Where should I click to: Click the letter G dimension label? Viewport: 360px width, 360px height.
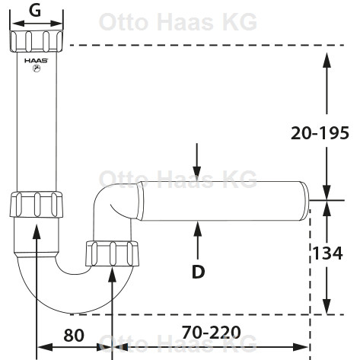[35, 11]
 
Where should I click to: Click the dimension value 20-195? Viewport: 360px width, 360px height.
[320, 133]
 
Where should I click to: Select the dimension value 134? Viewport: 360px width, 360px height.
[327, 253]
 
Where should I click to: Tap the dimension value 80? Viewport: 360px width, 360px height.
[74, 335]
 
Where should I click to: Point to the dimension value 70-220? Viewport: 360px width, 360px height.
[212, 332]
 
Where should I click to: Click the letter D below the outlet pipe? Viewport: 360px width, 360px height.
[198, 272]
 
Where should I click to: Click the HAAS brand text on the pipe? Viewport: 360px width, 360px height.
[37, 61]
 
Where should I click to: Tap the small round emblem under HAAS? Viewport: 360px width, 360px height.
[37, 68]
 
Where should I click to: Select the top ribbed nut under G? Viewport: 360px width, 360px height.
[37, 41]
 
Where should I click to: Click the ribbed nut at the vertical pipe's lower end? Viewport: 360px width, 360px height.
[37, 205]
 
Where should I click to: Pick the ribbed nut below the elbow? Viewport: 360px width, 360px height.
[112, 253]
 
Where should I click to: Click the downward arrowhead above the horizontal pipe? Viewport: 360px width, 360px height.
[196, 174]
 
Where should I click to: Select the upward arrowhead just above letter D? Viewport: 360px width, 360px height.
[198, 228]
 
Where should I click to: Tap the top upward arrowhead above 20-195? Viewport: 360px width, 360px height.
[327, 60]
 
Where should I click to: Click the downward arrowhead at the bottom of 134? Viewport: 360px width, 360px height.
[327, 307]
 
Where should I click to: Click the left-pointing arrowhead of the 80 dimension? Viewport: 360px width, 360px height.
[45, 347]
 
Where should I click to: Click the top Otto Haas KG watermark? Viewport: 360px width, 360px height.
[178, 22]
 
